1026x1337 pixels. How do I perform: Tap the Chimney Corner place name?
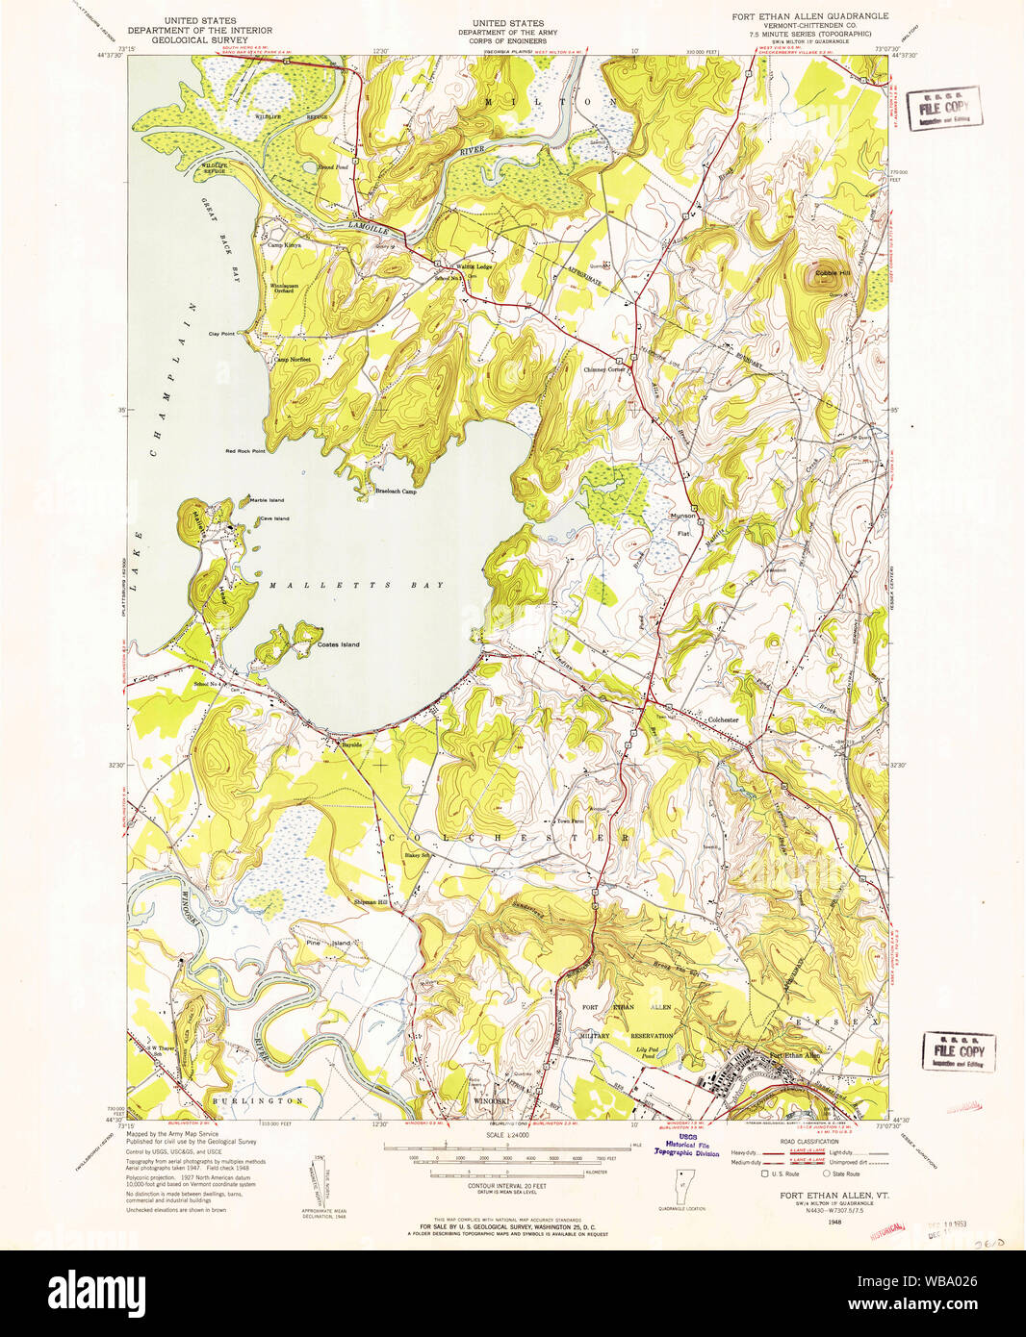coord(604,369)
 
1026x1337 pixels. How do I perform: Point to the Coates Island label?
coord(338,644)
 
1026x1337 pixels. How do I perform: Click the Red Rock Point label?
coord(244,451)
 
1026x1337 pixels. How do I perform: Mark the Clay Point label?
coord(221,334)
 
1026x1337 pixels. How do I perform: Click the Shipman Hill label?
coord(371,902)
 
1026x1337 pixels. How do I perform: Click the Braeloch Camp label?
coord(396,492)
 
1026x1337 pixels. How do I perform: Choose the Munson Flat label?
coord(682,523)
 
